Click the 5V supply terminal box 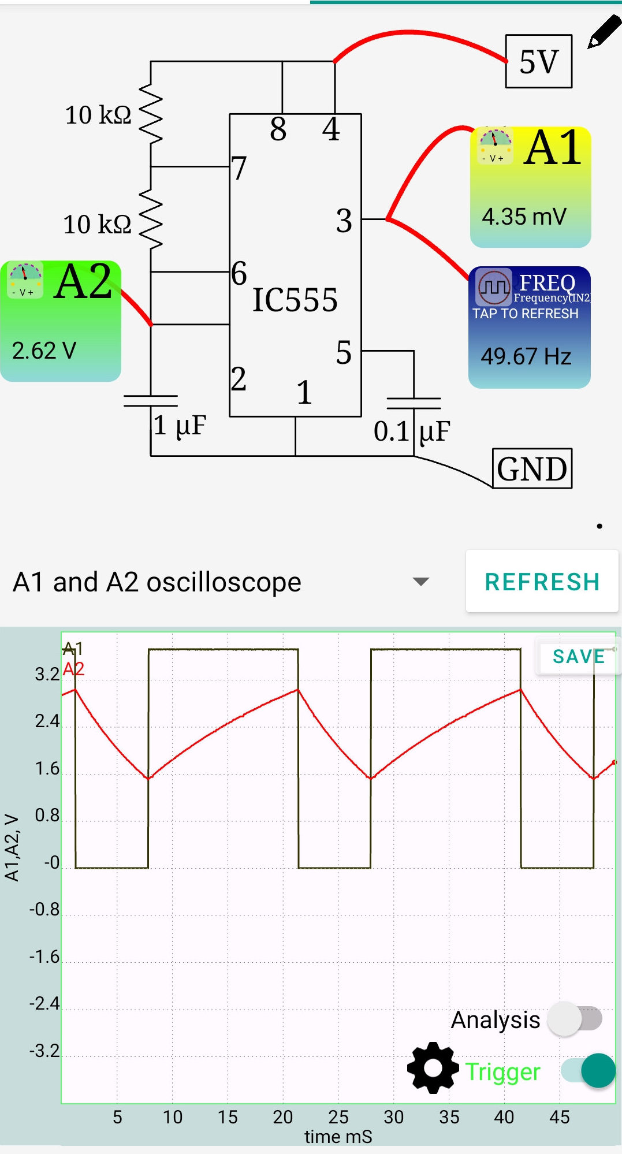pyautogui.click(x=538, y=61)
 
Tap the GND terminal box pyautogui.click(x=532, y=468)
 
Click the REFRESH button pyautogui.click(x=542, y=582)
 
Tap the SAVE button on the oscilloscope pyautogui.click(x=578, y=657)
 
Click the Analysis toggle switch pyautogui.click(x=575, y=1019)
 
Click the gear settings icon pyautogui.click(x=433, y=1068)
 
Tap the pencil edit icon pyautogui.click(x=604, y=32)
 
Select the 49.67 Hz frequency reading pyautogui.click(x=526, y=356)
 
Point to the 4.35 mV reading pyautogui.click(x=524, y=217)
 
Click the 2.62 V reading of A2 pyautogui.click(x=44, y=351)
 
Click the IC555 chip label pyautogui.click(x=295, y=300)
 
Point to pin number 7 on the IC pyautogui.click(x=239, y=168)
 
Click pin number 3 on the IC pyautogui.click(x=344, y=221)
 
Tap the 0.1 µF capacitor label pyautogui.click(x=411, y=431)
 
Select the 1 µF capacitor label pyautogui.click(x=180, y=426)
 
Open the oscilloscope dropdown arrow pyautogui.click(x=421, y=582)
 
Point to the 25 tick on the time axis pyautogui.click(x=338, y=1117)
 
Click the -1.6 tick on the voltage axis pyautogui.click(x=45, y=957)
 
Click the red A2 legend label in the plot pyautogui.click(x=73, y=669)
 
